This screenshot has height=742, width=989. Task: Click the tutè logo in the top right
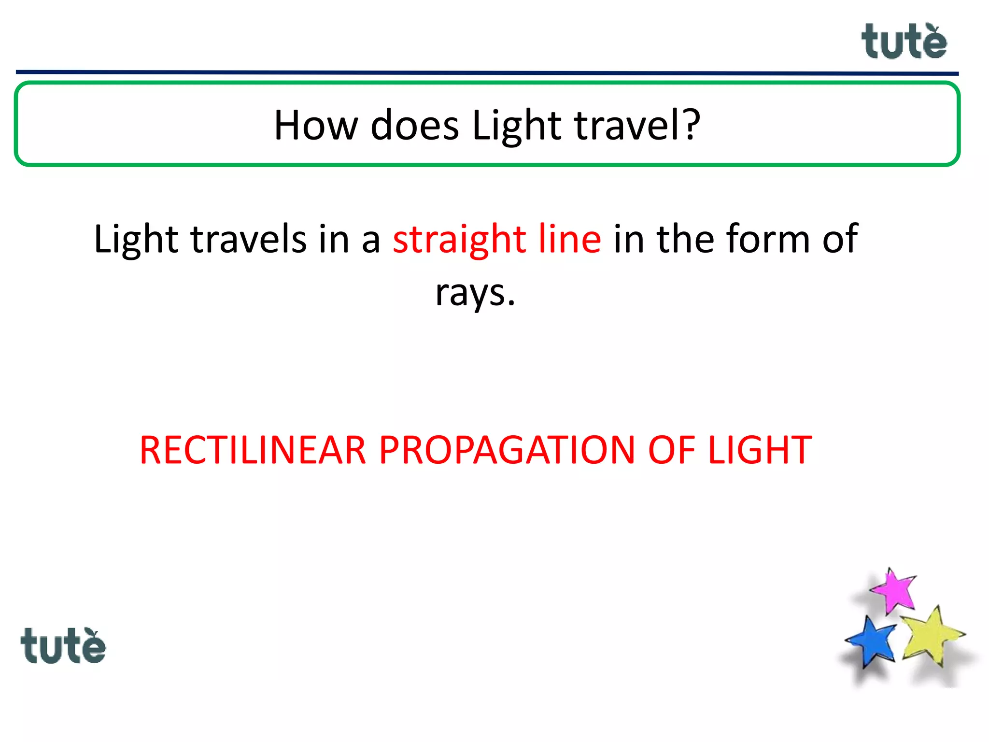pyautogui.click(x=904, y=42)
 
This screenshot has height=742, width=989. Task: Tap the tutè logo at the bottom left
pyautogui.click(x=63, y=646)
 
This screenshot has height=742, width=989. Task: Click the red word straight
pyautogui.click(x=459, y=240)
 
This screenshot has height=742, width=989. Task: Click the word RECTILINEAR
pyautogui.click(x=253, y=450)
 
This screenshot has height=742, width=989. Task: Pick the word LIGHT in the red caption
pyautogui.click(x=760, y=450)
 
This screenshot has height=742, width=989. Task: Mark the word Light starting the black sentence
pyautogui.click(x=136, y=240)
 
